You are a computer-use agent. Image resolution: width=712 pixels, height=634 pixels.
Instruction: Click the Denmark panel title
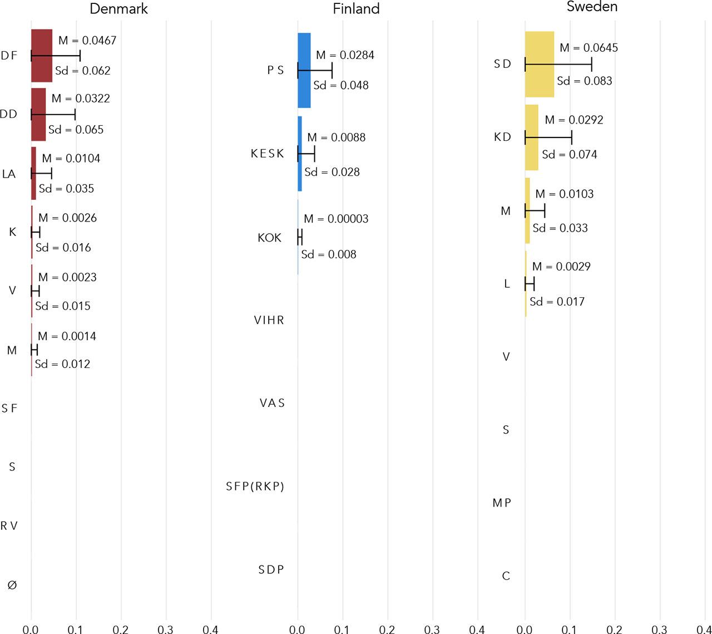point(119,9)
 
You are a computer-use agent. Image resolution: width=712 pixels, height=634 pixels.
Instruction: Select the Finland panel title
point(356,9)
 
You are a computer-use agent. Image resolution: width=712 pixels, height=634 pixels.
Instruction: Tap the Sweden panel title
point(592,7)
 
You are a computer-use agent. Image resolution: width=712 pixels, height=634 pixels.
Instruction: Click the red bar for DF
point(42,56)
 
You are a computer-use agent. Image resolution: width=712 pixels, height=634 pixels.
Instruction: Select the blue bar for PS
point(304,70)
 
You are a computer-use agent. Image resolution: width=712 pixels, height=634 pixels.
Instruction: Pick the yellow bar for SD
point(540,65)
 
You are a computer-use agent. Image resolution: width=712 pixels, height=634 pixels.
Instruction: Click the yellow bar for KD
point(531,137)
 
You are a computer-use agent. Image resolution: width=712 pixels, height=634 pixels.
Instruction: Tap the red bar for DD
point(38,114)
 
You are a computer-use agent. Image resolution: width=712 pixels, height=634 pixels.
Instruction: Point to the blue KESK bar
point(300,154)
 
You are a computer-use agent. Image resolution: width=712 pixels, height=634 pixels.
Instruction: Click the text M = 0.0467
point(87,41)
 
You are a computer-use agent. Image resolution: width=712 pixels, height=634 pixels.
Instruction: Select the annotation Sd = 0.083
point(585,81)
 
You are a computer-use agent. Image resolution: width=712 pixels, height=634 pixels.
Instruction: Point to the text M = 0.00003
point(337,219)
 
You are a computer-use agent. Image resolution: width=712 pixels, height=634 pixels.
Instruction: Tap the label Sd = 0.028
point(332,172)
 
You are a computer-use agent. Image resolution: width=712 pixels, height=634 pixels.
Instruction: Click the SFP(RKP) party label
point(255,486)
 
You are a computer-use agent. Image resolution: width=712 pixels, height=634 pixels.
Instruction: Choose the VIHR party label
point(269,320)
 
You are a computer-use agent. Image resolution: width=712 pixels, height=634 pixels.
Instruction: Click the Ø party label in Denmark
point(12,585)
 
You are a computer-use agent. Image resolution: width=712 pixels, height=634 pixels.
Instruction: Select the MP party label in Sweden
point(502,503)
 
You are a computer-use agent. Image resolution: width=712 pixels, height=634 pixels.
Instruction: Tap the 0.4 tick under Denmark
point(210,629)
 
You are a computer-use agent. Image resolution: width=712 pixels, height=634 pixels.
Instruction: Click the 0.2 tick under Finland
point(387,629)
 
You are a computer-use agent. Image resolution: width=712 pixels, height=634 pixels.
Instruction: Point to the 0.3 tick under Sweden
point(659,629)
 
